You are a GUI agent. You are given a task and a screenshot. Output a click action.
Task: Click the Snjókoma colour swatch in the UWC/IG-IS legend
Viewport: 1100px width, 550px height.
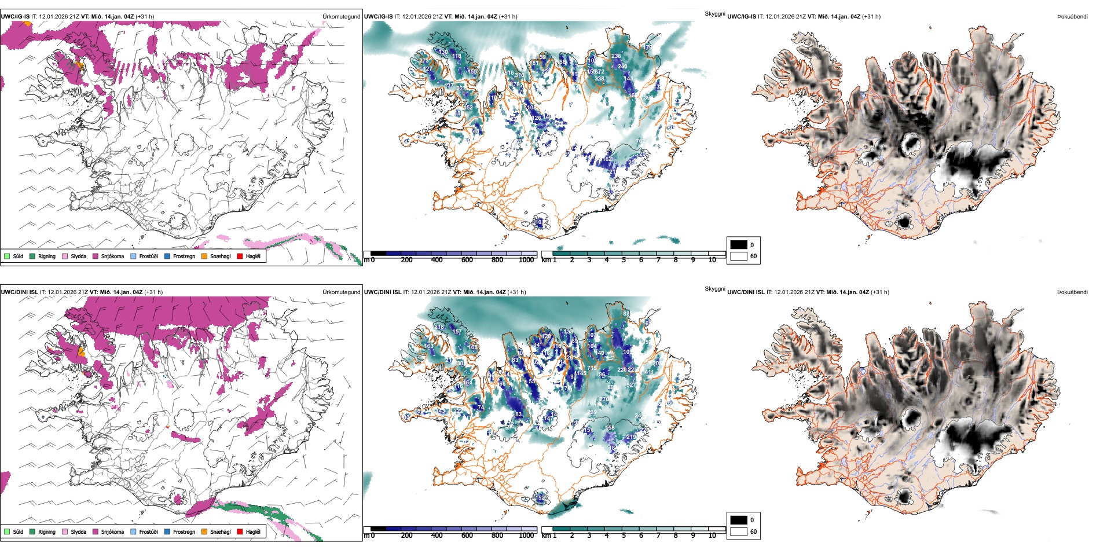[x=96, y=256]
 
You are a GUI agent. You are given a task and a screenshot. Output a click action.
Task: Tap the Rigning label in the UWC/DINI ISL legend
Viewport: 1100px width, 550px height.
[x=47, y=531]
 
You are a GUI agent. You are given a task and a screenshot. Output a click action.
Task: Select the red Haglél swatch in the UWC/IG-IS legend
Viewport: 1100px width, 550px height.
[x=240, y=256]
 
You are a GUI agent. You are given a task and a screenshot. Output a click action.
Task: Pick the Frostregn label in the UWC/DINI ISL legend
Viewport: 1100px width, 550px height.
[x=184, y=531]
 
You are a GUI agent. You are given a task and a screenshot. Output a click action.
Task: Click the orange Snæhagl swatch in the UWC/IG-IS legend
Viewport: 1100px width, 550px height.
[x=204, y=256]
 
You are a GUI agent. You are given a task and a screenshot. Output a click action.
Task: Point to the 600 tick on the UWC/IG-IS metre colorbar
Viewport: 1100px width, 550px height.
[x=467, y=260]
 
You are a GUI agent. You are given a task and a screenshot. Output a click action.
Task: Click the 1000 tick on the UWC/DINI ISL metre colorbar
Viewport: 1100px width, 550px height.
[x=526, y=536]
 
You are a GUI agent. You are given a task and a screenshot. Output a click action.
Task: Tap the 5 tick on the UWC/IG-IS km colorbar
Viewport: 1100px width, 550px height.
[x=624, y=260]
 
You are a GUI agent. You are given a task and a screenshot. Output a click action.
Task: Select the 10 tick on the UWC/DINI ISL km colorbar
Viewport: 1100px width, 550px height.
[x=712, y=536]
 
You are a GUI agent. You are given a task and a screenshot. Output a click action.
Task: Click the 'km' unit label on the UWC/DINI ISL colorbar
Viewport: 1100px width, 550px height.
[x=546, y=536]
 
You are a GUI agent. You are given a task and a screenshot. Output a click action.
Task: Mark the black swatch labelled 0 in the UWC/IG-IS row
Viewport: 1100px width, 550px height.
[x=739, y=245]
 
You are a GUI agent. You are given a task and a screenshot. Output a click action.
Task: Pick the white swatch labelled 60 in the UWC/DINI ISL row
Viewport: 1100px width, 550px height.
[x=739, y=531]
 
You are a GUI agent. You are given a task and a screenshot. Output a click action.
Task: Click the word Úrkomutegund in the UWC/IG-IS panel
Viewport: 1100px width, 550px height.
[x=341, y=17]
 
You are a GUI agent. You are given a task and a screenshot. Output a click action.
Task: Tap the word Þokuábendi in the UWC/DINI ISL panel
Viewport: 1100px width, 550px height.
[x=1072, y=292]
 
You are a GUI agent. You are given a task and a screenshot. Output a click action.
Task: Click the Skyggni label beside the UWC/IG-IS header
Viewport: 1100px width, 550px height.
[x=714, y=14]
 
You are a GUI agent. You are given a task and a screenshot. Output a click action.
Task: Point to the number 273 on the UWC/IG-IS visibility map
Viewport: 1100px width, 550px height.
[x=424, y=61]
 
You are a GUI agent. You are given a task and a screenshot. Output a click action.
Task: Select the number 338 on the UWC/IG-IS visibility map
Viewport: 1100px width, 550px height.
[x=599, y=79]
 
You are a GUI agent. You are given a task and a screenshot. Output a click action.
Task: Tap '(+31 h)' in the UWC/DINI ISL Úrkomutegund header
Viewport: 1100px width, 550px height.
[x=153, y=292]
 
